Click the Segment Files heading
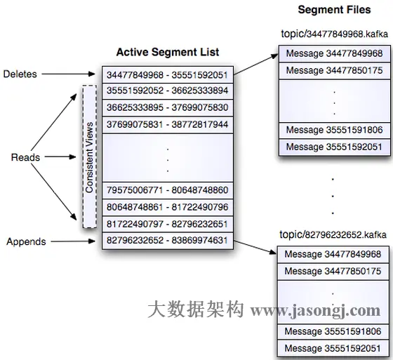pos(334,10)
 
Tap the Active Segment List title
pos(167,52)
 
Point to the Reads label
pos(25,157)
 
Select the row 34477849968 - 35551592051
pos(167,75)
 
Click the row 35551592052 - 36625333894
pos(167,91)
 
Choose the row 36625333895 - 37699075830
pos(167,107)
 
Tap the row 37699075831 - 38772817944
pos(167,124)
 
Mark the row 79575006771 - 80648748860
pos(167,190)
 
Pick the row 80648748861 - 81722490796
pos(167,207)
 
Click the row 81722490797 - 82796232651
pos(167,224)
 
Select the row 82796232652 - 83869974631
pos(167,241)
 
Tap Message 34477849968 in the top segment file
pos(334,53)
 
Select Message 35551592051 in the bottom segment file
pos(334,347)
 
